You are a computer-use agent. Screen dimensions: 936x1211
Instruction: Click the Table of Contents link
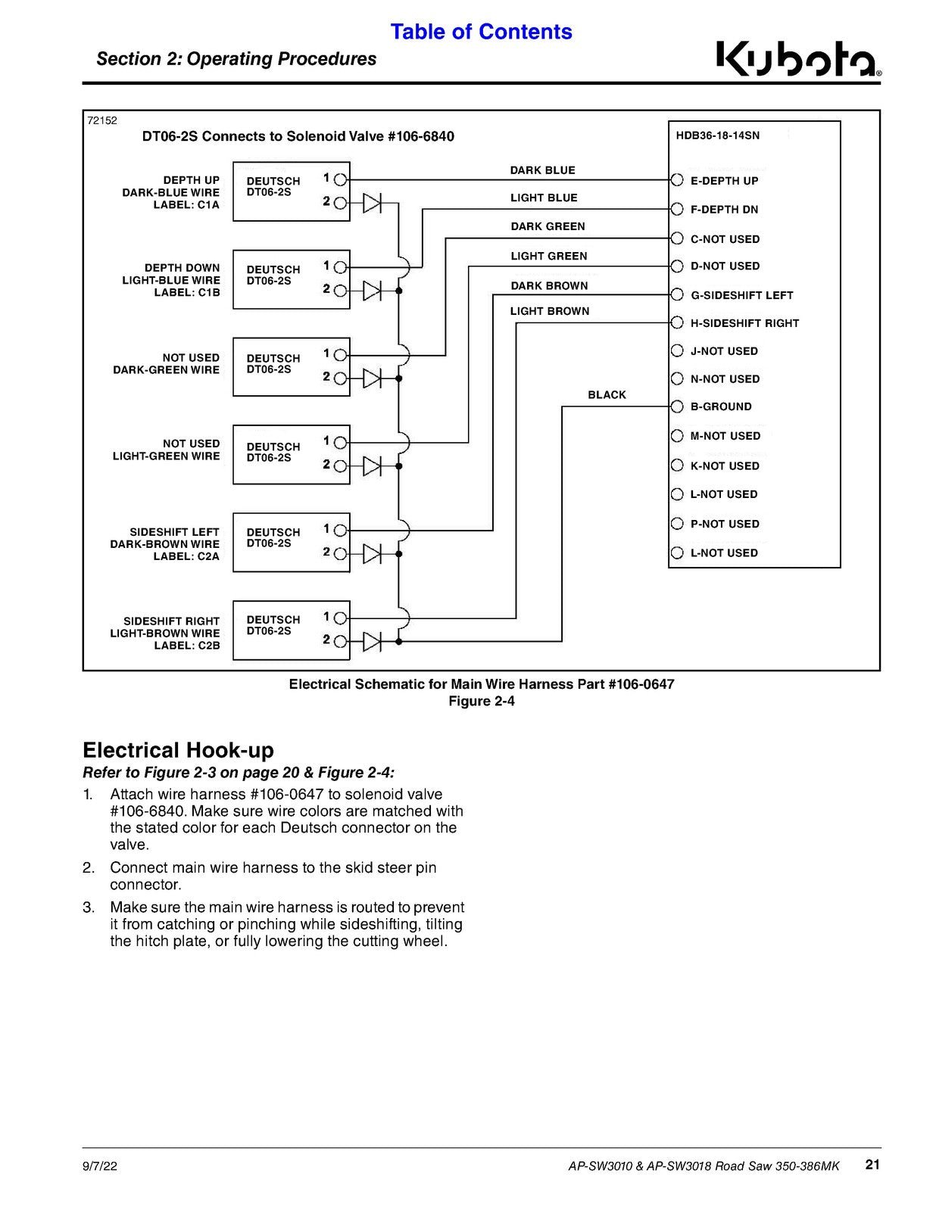click(481, 32)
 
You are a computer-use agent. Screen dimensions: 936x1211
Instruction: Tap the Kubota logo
click(799, 58)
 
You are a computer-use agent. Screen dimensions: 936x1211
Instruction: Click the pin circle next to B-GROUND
click(677, 406)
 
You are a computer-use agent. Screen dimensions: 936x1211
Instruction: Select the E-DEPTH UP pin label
click(724, 181)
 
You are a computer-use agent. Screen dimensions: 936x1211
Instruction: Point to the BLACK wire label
click(607, 394)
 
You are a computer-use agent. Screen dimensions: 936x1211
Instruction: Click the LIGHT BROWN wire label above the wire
click(549, 311)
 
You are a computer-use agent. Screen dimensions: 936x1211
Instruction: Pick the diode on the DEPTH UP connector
click(372, 204)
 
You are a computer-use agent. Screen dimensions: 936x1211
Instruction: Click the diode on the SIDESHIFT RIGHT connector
click(372, 641)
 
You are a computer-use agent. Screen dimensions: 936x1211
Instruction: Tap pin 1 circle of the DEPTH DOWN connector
click(340, 267)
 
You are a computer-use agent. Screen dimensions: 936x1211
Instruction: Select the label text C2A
click(207, 556)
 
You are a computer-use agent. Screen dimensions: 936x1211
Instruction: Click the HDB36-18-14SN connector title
click(717, 135)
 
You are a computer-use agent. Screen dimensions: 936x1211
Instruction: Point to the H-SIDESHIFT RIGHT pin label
click(744, 323)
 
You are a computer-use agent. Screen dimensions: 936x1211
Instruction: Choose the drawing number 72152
click(102, 120)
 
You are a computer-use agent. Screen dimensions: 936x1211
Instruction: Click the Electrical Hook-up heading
click(178, 750)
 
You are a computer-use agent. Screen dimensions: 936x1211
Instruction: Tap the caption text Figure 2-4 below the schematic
click(481, 701)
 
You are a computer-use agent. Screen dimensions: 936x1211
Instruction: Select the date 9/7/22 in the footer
click(100, 1166)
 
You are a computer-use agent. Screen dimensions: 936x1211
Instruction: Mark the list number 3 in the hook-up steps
click(89, 907)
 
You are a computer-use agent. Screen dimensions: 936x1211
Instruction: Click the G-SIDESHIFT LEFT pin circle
click(677, 294)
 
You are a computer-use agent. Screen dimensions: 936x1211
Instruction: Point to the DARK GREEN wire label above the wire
click(548, 226)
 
